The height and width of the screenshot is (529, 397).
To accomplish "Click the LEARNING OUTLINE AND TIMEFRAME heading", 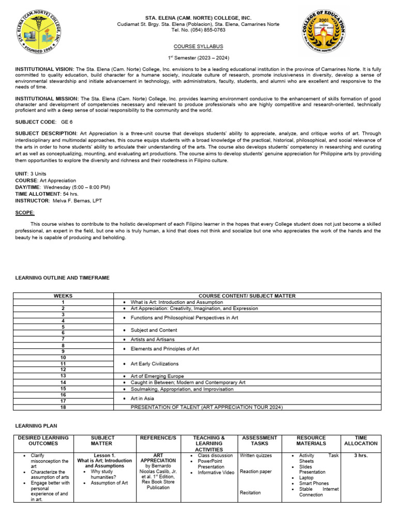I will pyautogui.click(x=63, y=277).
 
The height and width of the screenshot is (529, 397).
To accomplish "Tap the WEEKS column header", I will pyautogui.click(x=63, y=295).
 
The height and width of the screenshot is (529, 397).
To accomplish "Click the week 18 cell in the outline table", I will pyautogui.click(x=63, y=407).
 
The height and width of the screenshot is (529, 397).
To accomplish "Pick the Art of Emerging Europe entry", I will pyautogui.click(x=157, y=376).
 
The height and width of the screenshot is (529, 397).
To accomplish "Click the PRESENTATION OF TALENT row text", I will pyautogui.click(x=207, y=407).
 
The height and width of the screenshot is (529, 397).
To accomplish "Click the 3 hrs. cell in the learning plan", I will pyautogui.click(x=361, y=456).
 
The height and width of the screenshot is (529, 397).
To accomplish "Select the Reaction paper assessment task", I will pyautogui.click(x=255, y=471).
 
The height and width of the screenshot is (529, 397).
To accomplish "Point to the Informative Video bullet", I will pyautogui.click(x=216, y=473).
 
